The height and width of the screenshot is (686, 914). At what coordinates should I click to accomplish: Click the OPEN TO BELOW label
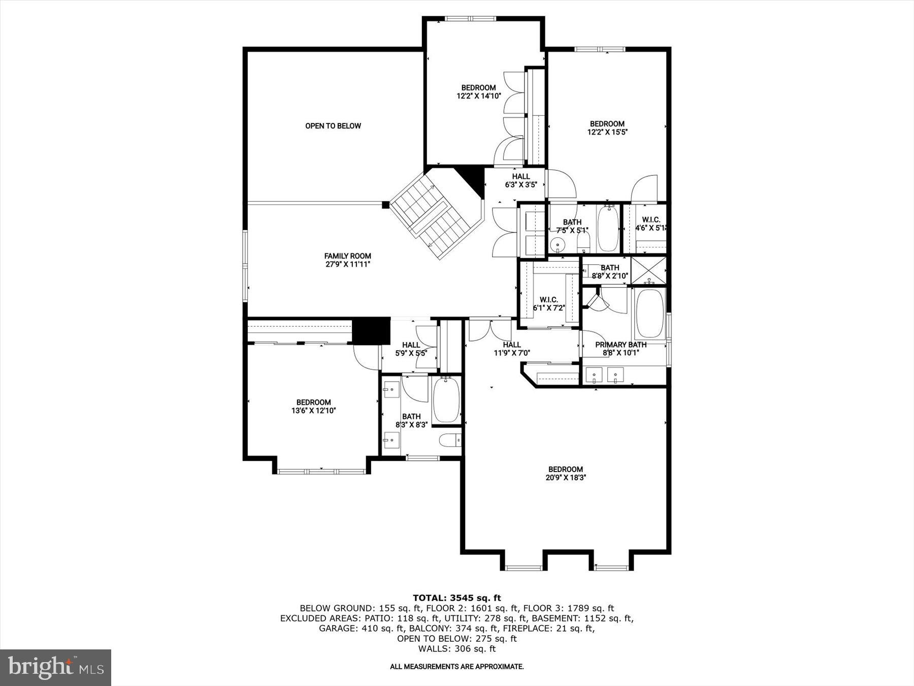click(x=333, y=126)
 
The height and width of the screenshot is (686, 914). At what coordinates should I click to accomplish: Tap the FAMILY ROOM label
click(x=348, y=256)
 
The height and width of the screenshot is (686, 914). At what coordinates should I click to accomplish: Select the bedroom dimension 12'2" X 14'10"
click(x=478, y=96)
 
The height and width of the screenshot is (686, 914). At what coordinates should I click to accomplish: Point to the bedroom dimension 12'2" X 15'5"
click(x=607, y=132)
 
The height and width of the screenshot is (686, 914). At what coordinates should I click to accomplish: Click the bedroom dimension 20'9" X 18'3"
click(x=565, y=478)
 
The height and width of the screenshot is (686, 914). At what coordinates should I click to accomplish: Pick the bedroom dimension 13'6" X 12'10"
click(x=313, y=411)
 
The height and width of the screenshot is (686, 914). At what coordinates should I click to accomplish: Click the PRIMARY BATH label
click(x=621, y=345)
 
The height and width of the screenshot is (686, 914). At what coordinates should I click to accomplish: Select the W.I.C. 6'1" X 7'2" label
click(x=548, y=304)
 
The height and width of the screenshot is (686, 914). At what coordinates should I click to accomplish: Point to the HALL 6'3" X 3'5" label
click(x=520, y=181)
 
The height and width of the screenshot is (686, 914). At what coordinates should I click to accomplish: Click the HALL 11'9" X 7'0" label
click(x=512, y=349)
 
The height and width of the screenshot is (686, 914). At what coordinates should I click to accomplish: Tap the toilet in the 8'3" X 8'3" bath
click(x=449, y=441)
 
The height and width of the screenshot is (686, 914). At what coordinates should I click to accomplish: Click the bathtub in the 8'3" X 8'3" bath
click(x=447, y=400)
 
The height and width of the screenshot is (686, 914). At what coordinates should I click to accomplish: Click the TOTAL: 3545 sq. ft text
click(x=456, y=598)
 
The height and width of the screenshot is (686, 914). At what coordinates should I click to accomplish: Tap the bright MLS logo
click(x=55, y=668)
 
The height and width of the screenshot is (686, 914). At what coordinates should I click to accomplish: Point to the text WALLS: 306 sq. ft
click(x=456, y=649)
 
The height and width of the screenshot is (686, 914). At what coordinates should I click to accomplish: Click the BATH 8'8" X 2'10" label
click(x=610, y=272)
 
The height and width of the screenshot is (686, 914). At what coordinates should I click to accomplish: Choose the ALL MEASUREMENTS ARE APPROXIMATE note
click(x=456, y=667)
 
